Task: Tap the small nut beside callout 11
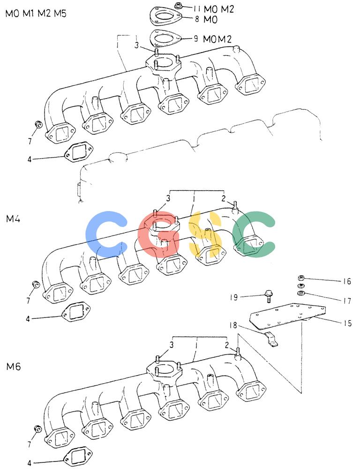click(x=178, y=5)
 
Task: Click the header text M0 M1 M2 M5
click(x=36, y=14)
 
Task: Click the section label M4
click(x=13, y=219)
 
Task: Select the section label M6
click(x=14, y=366)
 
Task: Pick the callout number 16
click(x=347, y=281)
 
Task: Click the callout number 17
click(x=347, y=301)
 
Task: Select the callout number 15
click(x=347, y=323)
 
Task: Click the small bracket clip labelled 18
click(x=271, y=340)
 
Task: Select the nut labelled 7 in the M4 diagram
click(x=36, y=284)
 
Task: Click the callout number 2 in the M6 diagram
click(x=227, y=345)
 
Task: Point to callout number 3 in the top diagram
click(x=137, y=46)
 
